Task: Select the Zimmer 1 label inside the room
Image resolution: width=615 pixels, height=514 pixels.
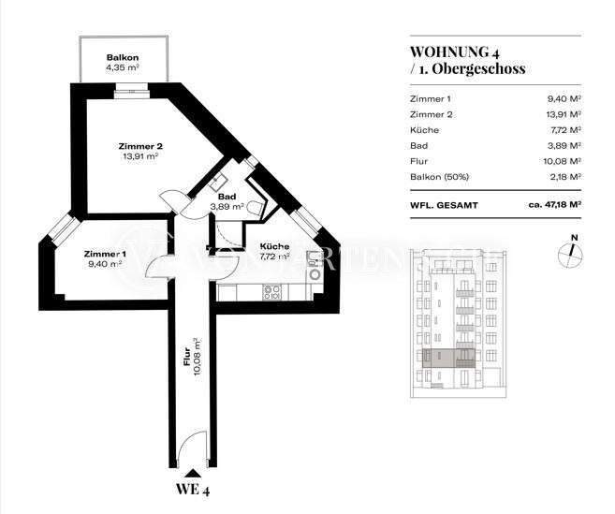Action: [x=104, y=254]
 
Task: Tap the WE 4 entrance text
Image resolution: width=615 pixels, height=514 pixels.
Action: [x=192, y=489]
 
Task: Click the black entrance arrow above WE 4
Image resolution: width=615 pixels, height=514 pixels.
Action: [x=192, y=473]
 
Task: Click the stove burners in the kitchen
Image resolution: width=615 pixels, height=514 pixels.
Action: [x=273, y=290]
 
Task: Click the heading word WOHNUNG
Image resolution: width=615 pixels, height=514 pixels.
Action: [x=446, y=51]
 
